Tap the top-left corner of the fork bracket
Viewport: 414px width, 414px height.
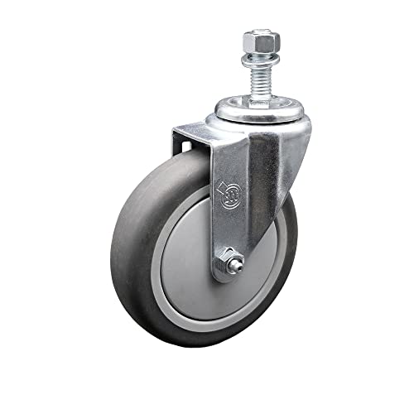click(x=174, y=129)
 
